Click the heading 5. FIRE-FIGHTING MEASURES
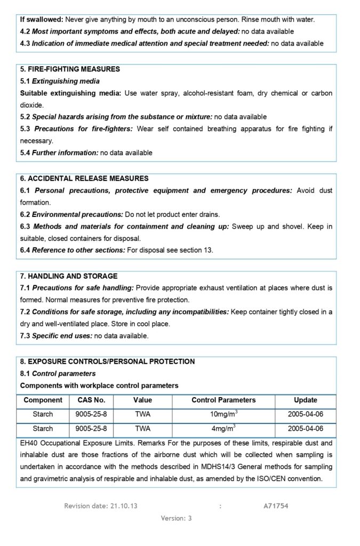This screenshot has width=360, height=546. click(70, 69)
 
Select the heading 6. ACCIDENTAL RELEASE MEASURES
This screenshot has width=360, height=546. click(84, 179)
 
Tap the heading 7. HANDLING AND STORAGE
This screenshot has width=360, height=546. click(69, 276)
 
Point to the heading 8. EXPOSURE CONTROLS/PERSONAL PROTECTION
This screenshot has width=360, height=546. click(107, 362)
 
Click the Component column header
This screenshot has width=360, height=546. click(43, 400)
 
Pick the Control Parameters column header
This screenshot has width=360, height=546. click(223, 400)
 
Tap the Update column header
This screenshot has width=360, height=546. click(305, 400)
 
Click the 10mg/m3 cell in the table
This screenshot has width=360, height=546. click(223, 414)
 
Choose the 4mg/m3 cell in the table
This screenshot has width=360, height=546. click(223, 428)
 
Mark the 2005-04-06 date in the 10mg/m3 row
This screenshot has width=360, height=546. click(305, 414)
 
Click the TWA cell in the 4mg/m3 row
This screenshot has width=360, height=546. click(142, 428)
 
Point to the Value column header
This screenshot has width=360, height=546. click(142, 400)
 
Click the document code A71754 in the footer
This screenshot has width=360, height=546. click(276, 505)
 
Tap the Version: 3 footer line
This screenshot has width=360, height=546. click(176, 518)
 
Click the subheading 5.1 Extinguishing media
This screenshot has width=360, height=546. click(60, 81)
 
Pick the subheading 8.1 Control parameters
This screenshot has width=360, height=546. click(58, 373)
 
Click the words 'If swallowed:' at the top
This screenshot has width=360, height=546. click(42, 19)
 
